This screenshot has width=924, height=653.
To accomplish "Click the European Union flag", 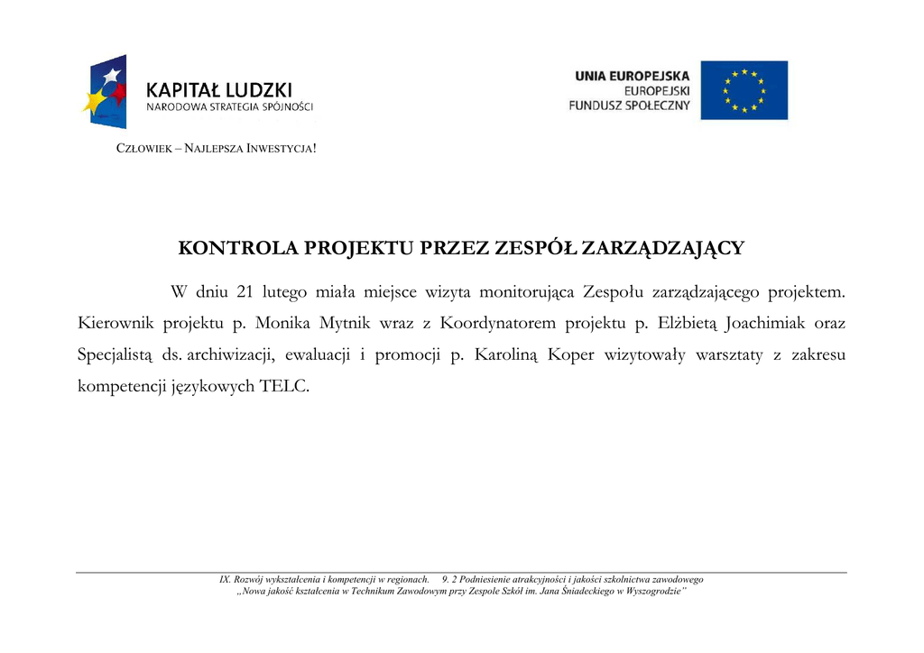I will (x=744, y=90).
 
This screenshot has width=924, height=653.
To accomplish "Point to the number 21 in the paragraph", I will (x=245, y=292).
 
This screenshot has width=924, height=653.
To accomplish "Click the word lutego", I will (x=284, y=292).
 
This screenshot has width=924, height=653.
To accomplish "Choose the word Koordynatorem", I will (x=499, y=323).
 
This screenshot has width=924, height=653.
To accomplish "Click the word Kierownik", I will (x=116, y=323).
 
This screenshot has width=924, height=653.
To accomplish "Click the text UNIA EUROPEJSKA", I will (x=632, y=77).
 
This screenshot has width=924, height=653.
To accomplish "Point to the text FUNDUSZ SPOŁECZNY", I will (x=629, y=106).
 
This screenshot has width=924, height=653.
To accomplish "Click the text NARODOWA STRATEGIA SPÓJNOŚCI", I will (x=230, y=107).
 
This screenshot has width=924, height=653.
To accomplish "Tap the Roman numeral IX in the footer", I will (x=225, y=579).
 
